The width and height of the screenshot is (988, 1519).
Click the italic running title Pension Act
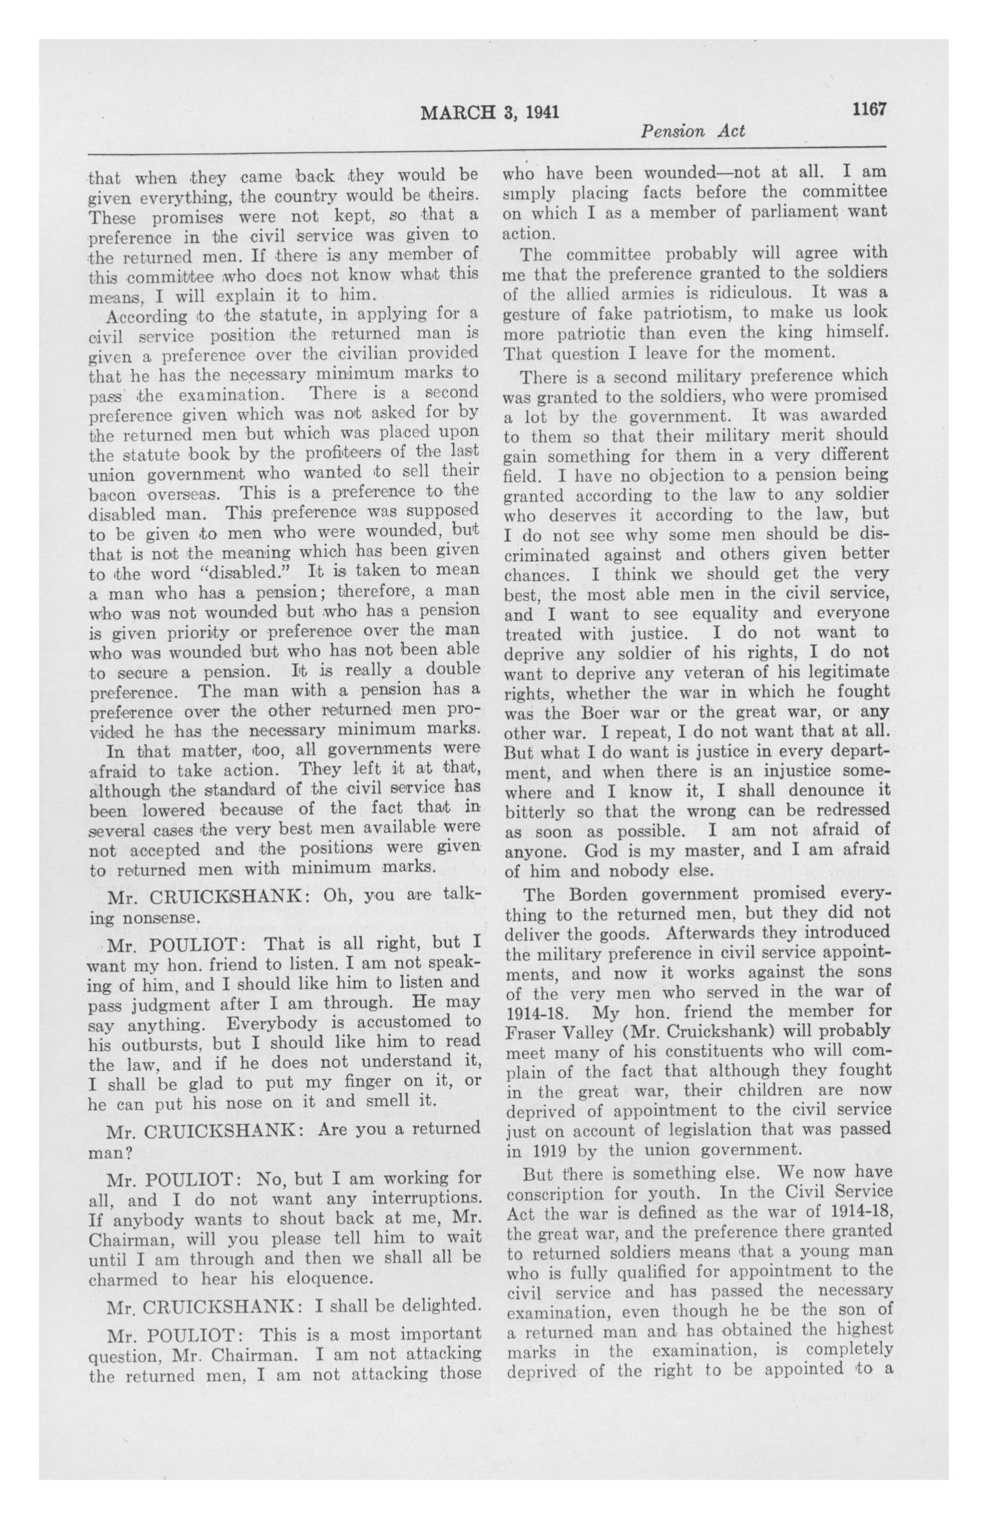[x=693, y=132]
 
